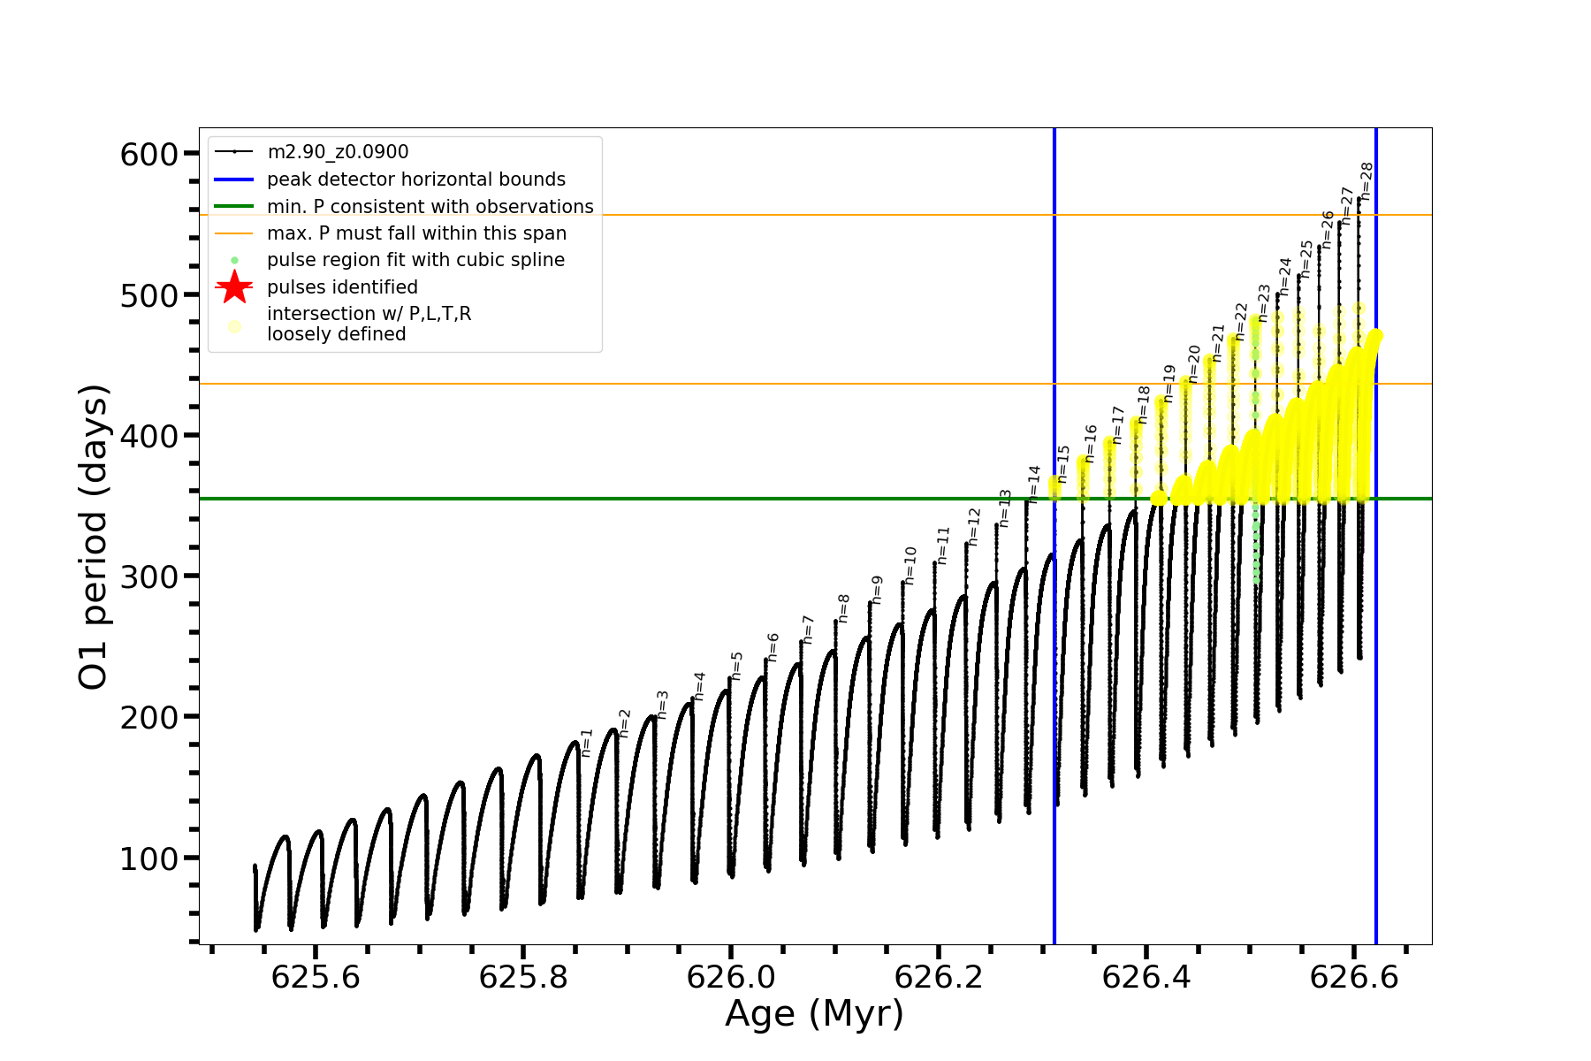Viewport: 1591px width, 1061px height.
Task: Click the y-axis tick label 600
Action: point(148,155)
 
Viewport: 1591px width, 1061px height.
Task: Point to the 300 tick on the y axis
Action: point(148,576)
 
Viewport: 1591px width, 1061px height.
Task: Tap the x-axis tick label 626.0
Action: point(730,978)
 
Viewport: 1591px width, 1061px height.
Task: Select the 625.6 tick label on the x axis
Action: point(316,978)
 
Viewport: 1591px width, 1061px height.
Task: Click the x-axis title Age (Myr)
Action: point(814,1014)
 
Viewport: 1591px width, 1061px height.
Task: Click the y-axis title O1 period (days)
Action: point(93,537)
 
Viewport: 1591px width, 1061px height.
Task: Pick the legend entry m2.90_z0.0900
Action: point(338,152)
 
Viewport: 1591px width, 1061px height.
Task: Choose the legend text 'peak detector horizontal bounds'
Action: point(415,179)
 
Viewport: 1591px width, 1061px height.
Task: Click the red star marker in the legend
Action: point(234,286)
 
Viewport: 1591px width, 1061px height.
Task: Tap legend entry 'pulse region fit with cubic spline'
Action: point(415,260)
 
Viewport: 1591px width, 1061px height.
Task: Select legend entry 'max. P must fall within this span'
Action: point(416,233)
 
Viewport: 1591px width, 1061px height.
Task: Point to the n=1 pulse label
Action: point(586,743)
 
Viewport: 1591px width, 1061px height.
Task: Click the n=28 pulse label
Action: point(1366,180)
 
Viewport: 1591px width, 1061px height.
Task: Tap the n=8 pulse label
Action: point(843,608)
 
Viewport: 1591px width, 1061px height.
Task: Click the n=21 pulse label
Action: point(1219,343)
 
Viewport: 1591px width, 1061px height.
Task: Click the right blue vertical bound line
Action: point(1376,619)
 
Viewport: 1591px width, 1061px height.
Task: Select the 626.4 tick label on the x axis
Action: point(1146,978)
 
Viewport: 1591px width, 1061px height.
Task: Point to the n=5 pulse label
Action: point(737,666)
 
